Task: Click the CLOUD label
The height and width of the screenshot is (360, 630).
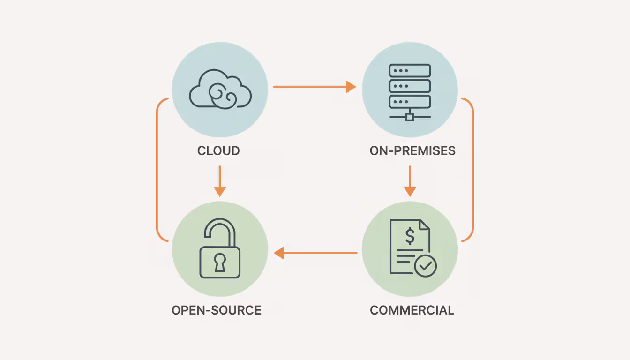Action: tap(218, 151)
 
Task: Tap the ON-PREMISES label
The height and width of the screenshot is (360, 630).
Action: tap(412, 151)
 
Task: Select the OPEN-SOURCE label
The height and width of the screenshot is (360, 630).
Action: tap(217, 310)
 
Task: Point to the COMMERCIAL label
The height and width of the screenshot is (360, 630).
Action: tap(412, 310)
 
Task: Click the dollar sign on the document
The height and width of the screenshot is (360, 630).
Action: tap(410, 237)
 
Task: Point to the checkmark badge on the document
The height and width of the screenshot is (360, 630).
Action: tap(426, 266)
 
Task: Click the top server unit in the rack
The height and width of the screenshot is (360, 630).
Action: tap(410, 70)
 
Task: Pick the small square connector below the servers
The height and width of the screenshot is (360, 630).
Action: tap(410, 117)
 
